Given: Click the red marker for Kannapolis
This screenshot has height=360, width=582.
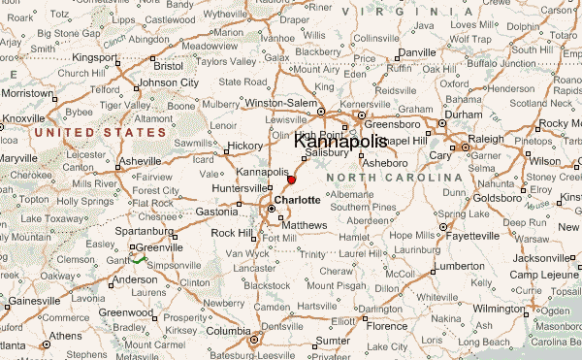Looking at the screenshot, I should click(x=291, y=180).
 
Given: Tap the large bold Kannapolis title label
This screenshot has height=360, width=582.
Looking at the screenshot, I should click(x=339, y=142).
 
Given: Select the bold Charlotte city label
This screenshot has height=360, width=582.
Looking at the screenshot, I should click(x=297, y=200).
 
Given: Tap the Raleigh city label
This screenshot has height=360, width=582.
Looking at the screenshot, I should click(x=486, y=139).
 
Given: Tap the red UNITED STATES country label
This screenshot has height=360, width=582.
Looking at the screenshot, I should click(x=99, y=130).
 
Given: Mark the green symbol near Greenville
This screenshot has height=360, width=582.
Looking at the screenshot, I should click(x=138, y=259).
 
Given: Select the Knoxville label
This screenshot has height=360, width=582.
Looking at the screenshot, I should click(x=23, y=118).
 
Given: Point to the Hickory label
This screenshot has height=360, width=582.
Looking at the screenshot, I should click(x=243, y=146).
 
